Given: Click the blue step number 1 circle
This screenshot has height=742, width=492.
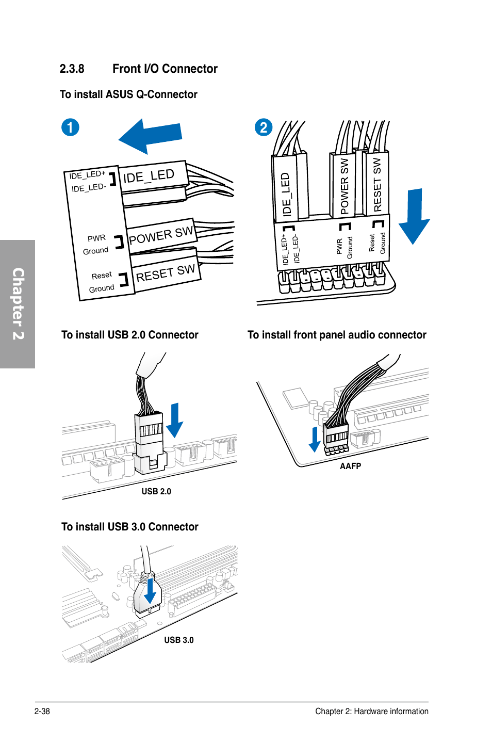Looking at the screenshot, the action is pyautogui.click(x=70, y=127).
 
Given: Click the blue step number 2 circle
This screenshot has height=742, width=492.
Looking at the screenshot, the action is pyautogui.click(x=264, y=127).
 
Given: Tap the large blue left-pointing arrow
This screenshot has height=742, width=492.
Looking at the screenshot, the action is pyautogui.click(x=150, y=136).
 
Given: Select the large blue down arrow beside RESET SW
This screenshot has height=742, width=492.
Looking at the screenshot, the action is pyautogui.click(x=414, y=216).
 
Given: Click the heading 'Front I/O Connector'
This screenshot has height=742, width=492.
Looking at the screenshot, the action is pyautogui.click(x=165, y=69).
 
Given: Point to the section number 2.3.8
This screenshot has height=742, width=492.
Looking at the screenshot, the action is pyautogui.click(x=72, y=69).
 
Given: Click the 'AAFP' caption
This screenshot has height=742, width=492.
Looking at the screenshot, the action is pyautogui.click(x=350, y=466).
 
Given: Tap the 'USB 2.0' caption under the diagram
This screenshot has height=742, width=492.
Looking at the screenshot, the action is pyautogui.click(x=156, y=491).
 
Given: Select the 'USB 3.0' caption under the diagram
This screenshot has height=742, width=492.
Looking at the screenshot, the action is pyautogui.click(x=179, y=640).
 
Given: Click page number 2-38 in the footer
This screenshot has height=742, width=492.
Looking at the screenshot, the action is pyautogui.click(x=42, y=711).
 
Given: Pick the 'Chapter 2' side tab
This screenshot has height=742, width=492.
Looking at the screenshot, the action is pyautogui.click(x=18, y=304).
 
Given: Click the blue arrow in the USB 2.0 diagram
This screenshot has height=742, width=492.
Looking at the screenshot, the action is pyautogui.click(x=174, y=421).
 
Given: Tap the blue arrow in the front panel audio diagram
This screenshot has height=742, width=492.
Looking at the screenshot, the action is pyautogui.click(x=315, y=439).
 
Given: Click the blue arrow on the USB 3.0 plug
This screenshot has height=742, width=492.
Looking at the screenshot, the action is pyautogui.click(x=150, y=591).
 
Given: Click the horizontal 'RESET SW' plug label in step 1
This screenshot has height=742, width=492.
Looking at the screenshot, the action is pyautogui.click(x=165, y=273).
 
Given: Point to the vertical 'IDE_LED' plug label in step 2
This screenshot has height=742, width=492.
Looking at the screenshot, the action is pyautogui.click(x=285, y=194).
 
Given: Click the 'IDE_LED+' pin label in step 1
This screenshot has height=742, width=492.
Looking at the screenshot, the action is pyautogui.click(x=87, y=174).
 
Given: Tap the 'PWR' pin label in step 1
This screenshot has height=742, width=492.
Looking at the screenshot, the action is pyautogui.click(x=96, y=238).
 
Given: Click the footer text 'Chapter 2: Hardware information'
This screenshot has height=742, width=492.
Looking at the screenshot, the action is pyautogui.click(x=372, y=711).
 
